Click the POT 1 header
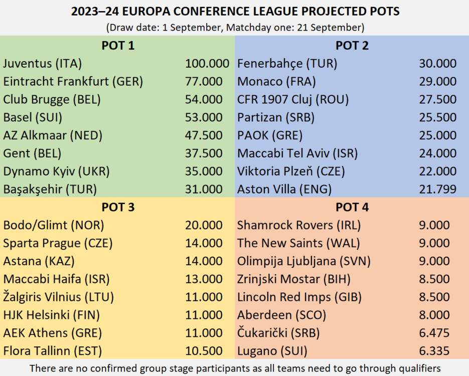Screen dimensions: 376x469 pos(118,46)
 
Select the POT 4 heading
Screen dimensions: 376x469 pos(352,207)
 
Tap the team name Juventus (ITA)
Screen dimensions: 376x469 pos(43,64)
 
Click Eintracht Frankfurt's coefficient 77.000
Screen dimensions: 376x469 pos(204,82)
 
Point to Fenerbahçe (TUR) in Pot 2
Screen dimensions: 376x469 pos(287,64)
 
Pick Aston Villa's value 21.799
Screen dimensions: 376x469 pos(438,190)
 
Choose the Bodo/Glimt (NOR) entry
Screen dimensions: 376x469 pos(54,225)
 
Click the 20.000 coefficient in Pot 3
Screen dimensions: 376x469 pos(204,225)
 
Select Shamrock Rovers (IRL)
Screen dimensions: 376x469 pos(299,225)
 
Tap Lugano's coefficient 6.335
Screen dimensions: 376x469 pos(434,350)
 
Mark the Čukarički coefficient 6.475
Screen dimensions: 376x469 pos(434,332)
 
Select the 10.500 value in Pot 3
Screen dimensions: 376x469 pos(204,350)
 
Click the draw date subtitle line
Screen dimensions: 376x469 pos(234,27)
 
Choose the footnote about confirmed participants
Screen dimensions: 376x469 pos(234,368)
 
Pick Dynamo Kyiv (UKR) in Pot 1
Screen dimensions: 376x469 pos(56,171)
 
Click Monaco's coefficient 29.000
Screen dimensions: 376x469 pos(438,82)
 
